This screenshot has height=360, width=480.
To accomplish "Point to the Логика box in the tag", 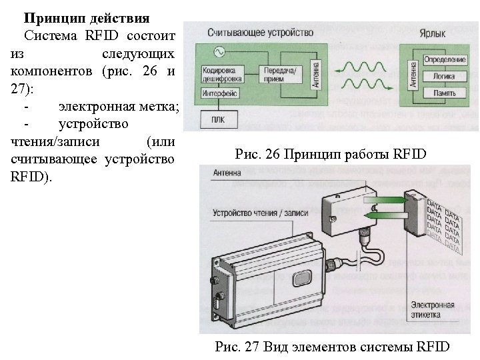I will [444, 77].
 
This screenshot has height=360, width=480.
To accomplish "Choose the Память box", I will [444, 93].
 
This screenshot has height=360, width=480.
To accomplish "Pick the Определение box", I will [444, 61].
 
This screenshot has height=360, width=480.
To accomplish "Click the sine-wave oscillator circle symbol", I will [218, 51].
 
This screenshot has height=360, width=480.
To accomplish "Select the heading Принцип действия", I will [87, 17].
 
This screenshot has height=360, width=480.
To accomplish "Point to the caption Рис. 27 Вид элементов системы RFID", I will [333, 346].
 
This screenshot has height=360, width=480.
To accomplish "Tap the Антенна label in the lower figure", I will [229, 172].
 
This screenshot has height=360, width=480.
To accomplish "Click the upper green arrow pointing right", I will [383, 197].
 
